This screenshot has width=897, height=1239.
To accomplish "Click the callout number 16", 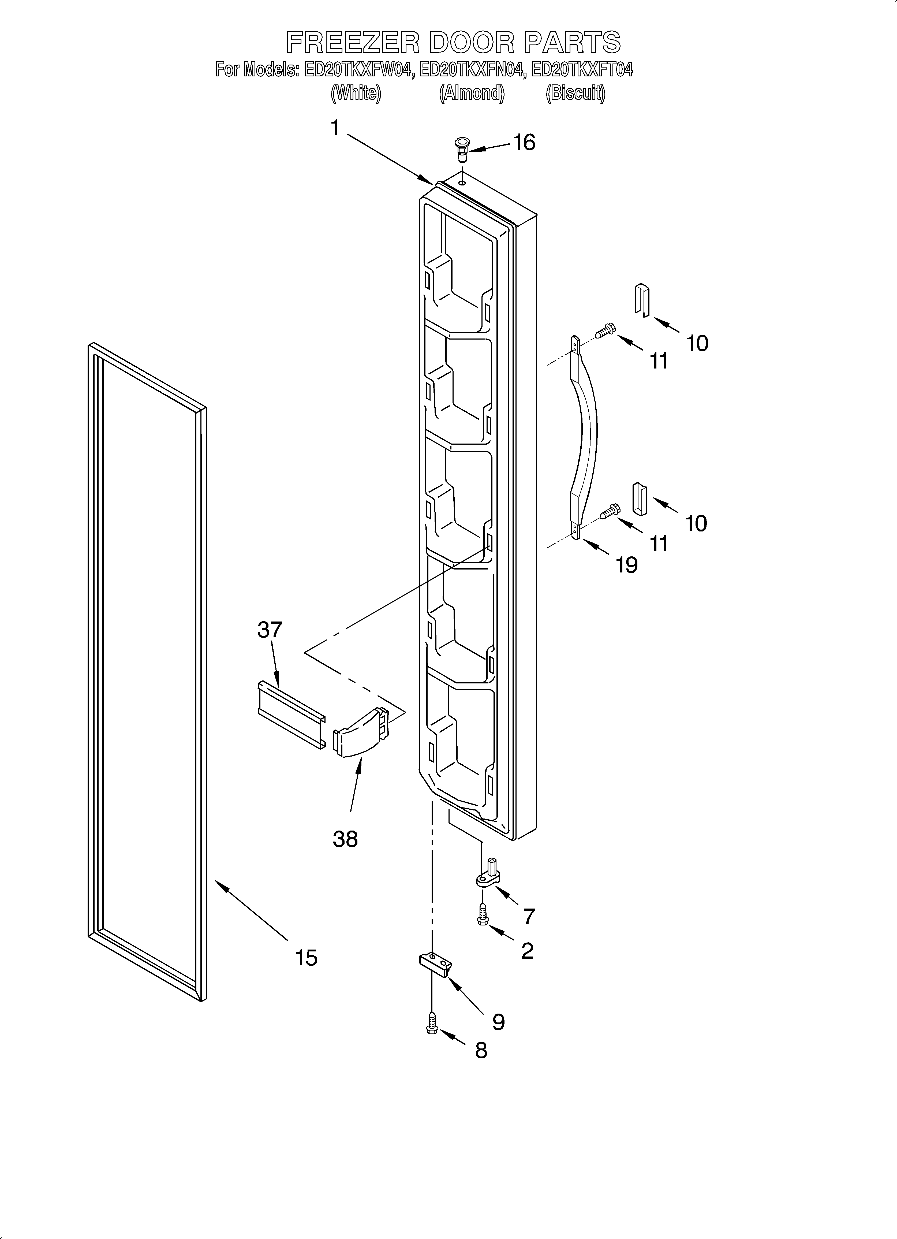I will pos(524,143).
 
